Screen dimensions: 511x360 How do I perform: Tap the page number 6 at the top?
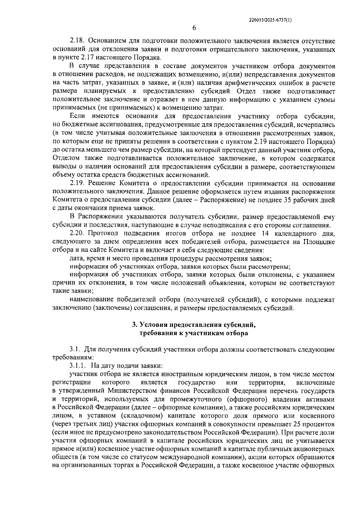(x=194, y=28)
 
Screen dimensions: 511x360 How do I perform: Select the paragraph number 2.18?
(x=77, y=41)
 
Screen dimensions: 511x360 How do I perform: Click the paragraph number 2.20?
(x=77, y=233)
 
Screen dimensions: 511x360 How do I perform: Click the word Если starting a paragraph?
(x=77, y=116)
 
